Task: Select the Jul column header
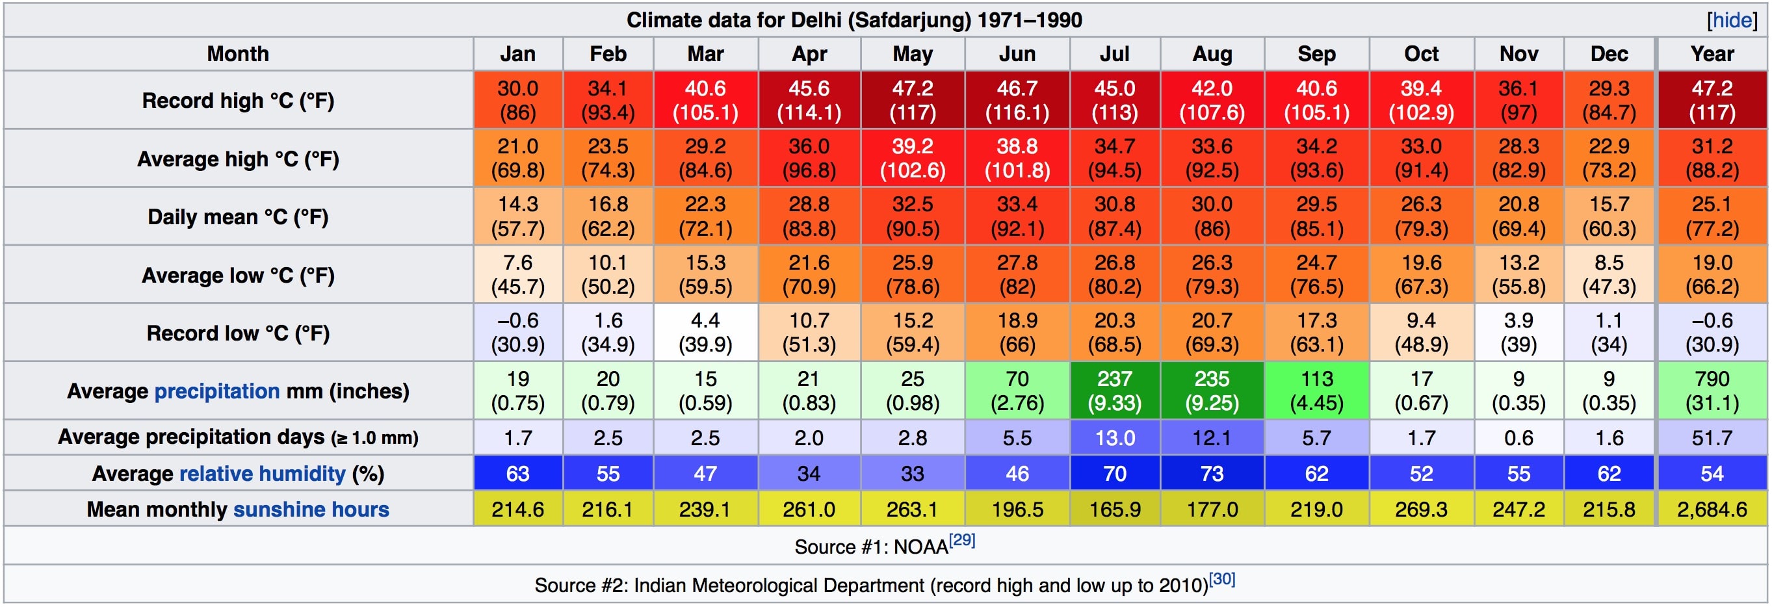coord(1114,54)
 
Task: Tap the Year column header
coord(1712,54)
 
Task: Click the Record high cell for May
coord(912,99)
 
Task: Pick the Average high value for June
coord(1017,158)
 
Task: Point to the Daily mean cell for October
coord(1420,216)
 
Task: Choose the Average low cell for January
coord(517,274)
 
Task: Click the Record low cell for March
coord(705,332)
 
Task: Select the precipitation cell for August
coord(1212,391)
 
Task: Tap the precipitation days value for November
coord(1518,438)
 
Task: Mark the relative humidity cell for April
coord(808,474)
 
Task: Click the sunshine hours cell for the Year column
coord(1712,510)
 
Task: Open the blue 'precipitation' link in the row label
coord(216,391)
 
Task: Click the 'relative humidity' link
coord(262,474)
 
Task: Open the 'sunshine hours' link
coord(311,510)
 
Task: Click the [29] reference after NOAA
coord(961,540)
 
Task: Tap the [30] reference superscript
coord(1221,579)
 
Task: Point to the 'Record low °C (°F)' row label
coord(238,333)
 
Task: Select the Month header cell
coord(238,54)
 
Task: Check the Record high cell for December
coord(1608,99)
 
